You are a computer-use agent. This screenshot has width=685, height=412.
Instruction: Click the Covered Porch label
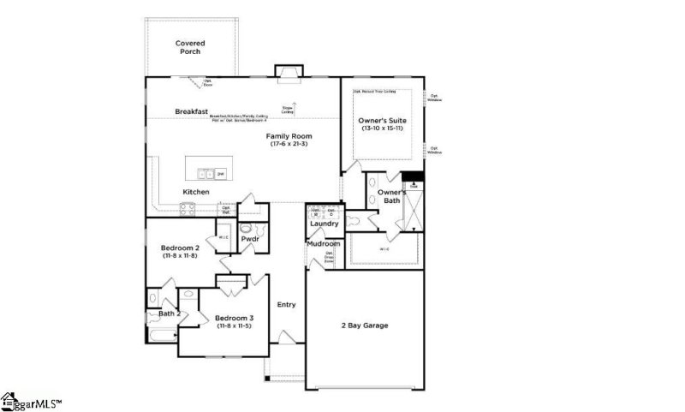coord(190,47)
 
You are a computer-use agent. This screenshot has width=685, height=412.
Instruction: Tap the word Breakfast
coord(192,111)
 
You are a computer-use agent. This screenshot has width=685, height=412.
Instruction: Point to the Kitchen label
coord(195,192)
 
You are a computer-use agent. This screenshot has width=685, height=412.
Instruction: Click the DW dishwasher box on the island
coord(220,174)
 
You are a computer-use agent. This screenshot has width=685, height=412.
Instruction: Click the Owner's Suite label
coord(382,121)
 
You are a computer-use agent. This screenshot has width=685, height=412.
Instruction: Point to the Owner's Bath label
coord(392,196)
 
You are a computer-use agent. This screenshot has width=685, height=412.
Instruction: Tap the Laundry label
coord(325,224)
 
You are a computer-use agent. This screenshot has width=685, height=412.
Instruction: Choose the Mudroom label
coord(325,244)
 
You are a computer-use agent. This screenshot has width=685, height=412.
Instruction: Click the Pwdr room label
coord(250,239)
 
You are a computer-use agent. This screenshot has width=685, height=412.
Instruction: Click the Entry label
coord(286,304)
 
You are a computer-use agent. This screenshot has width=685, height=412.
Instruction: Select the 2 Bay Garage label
coord(366,325)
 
